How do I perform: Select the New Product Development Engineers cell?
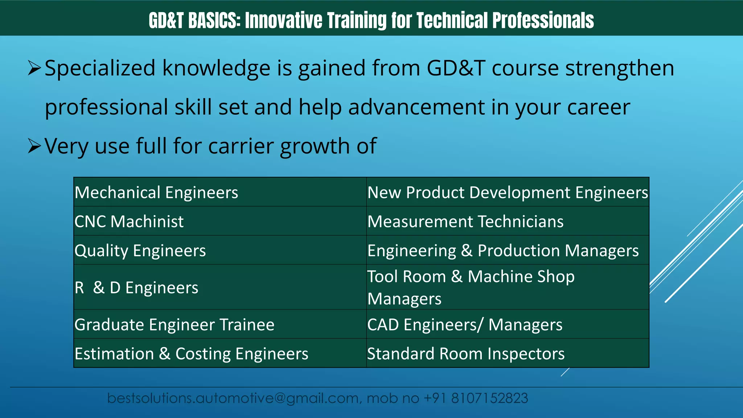tap(507, 192)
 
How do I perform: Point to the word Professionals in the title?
tap(543, 20)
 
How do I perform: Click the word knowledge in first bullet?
tap(216, 68)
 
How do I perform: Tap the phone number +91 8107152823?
tap(476, 398)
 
